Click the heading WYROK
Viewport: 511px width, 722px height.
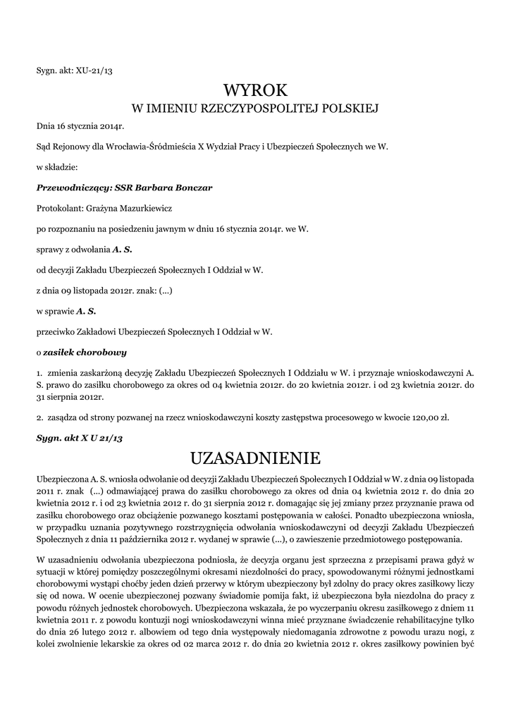[256, 90]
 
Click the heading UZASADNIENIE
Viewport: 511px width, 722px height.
[256, 458]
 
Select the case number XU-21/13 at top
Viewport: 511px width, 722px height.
[94, 71]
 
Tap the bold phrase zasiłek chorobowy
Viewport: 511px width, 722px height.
[85, 350]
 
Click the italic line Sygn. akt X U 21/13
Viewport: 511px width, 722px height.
[80, 438]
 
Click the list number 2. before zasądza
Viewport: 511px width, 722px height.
[39, 417]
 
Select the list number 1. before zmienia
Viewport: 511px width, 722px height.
[39, 371]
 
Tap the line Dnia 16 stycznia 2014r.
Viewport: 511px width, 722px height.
[80, 128]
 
